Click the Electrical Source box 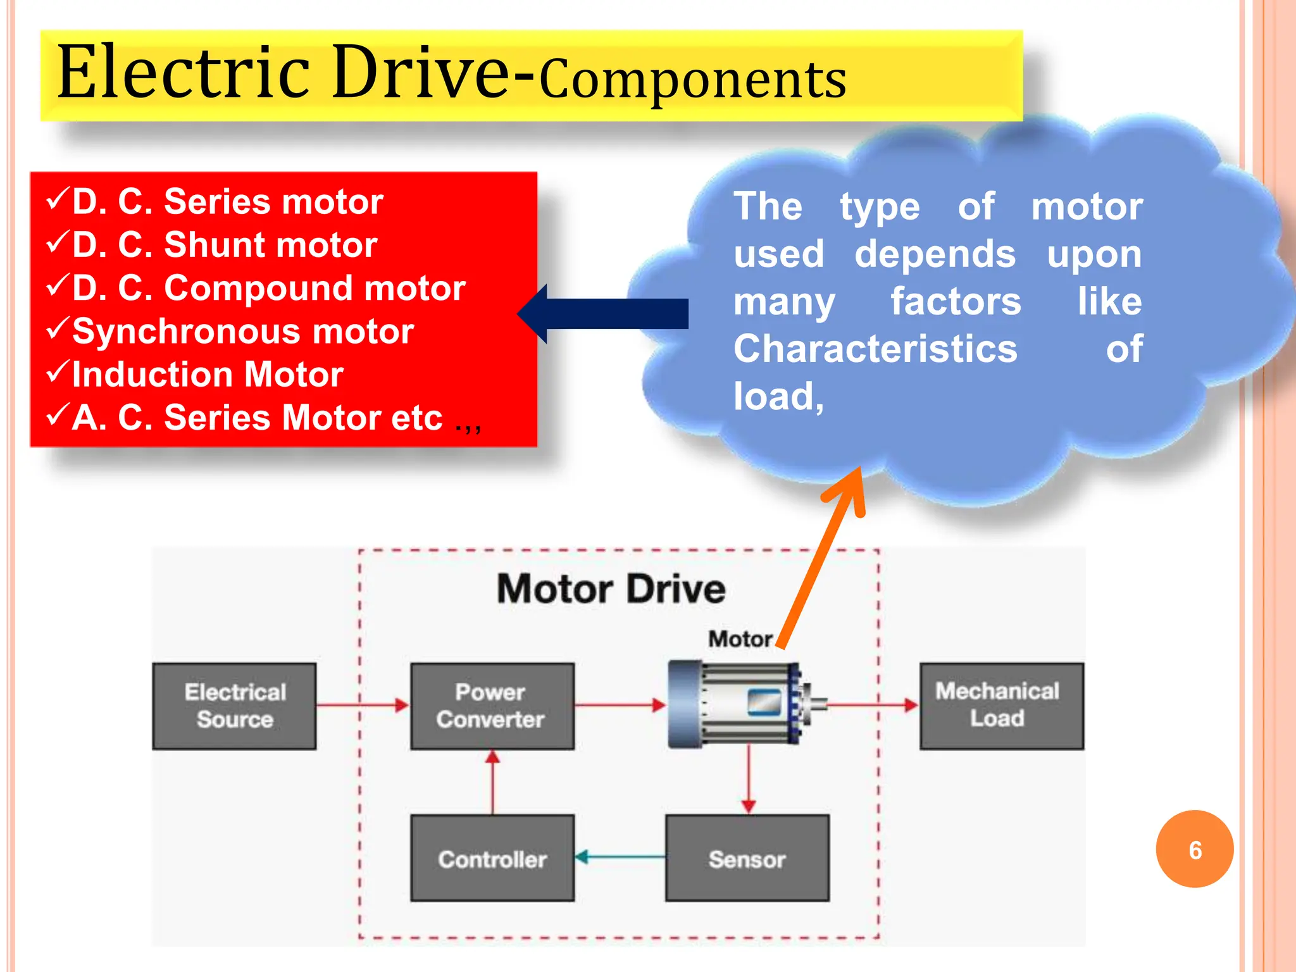point(234,706)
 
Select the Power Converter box point(492,706)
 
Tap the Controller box point(492,858)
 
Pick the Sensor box point(747,858)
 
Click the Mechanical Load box point(1001,706)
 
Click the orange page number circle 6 point(1194,849)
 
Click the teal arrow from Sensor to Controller point(620,857)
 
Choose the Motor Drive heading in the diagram point(611,589)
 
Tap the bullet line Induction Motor point(207,374)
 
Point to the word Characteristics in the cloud point(875,349)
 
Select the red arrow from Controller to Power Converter point(492,783)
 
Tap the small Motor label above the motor point(740,639)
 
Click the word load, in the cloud point(778,397)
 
